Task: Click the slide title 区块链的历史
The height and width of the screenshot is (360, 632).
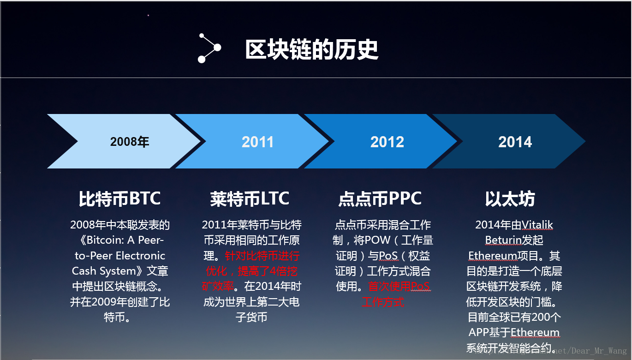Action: (x=311, y=49)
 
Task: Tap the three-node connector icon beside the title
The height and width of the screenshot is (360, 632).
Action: (x=209, y=48)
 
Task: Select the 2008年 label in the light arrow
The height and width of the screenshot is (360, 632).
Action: (x=130, y=142)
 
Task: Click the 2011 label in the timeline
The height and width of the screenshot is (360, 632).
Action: (x=257, y=142)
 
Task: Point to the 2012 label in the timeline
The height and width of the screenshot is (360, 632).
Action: (x=387, y=142)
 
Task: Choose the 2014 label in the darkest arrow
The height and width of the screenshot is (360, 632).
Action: (x=515, y=142)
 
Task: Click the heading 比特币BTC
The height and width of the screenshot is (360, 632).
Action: (x=119, y=198)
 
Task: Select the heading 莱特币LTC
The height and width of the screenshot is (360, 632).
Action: (x=250, y=198)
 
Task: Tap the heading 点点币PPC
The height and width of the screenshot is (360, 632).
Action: (x=380, y=198)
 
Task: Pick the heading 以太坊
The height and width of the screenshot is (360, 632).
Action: (x=510, y=199)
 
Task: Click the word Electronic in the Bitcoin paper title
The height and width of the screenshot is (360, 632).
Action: (x=140, y=256)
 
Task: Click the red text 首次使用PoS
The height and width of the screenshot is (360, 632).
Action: (x=399, y=287)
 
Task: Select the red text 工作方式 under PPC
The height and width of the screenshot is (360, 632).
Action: (x=383, y=302)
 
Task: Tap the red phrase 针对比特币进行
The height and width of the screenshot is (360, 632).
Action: (x=262, y=256)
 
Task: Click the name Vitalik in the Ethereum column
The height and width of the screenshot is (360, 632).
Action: (x=537, y=225)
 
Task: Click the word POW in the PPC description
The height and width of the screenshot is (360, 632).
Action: (x=377, y=240)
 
